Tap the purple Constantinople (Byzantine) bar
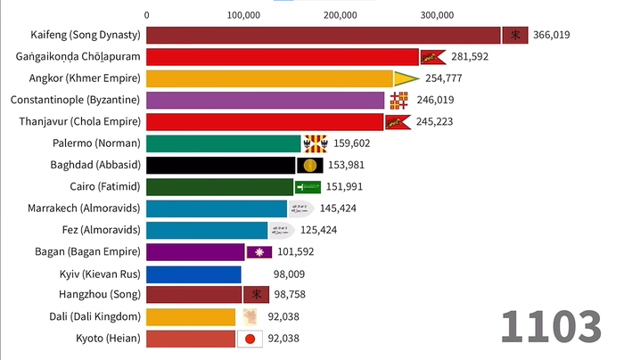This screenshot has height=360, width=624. pyautogui.click(x=265, y=100)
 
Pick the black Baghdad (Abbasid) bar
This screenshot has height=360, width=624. pyautogui.click(x=220, y=165)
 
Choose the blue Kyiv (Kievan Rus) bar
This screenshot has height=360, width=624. pyautogui.click(x=193, y=274)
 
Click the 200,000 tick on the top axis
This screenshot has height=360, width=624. pyautogui.click(x=341, y=14)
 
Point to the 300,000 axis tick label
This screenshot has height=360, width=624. pyautogui.click(x=437, y=14)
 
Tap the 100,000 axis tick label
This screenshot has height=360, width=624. pyautogui.click(x=243, y=14)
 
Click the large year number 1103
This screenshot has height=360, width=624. pyautogui.click(x=550, y=326)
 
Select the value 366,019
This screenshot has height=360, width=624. pyautogui.click(x=552, y=36)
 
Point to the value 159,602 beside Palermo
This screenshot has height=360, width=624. pyautogui.click(x=352, y=143)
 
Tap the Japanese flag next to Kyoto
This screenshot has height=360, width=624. pyautogui.click(x=250, y=339)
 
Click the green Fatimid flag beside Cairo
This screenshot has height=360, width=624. pyautogui.click(x=308, y=186)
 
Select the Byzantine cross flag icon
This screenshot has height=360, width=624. pyautogui.click(x=398, y=100)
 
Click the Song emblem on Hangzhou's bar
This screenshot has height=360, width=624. pyautogui.click(x=255, y=295)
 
